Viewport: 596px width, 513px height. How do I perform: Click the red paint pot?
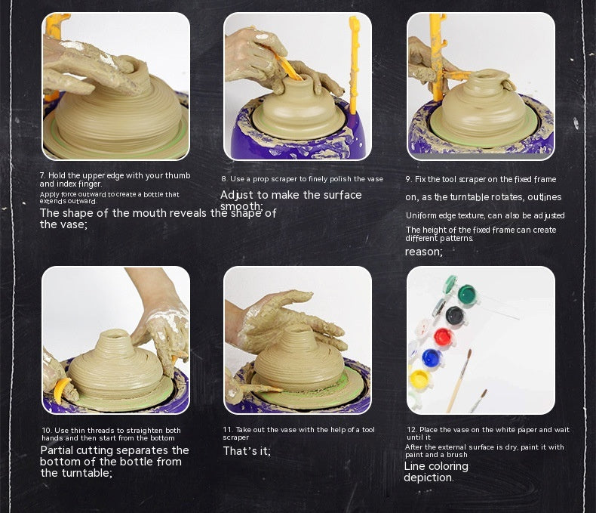[443, 336]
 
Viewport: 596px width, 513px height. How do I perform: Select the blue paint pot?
[431, 357]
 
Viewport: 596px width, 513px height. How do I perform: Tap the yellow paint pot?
[419, 379]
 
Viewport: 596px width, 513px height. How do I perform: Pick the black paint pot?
[453, 314]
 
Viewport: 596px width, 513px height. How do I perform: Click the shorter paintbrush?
[478, 400]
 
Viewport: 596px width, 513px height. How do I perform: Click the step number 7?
[41, 175]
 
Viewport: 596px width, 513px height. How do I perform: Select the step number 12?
[410, 430]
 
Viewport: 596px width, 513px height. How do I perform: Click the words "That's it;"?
[247, 451]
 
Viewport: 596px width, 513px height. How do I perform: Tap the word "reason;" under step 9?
[424, 251]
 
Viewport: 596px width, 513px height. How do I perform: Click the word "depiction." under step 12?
[429, 477]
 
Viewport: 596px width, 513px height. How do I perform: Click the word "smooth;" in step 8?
[241, 206]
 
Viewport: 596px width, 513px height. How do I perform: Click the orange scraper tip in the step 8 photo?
[289, 68]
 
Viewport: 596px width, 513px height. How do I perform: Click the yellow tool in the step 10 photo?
[61, 390]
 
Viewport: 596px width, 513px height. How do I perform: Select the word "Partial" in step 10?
[57, 450]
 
